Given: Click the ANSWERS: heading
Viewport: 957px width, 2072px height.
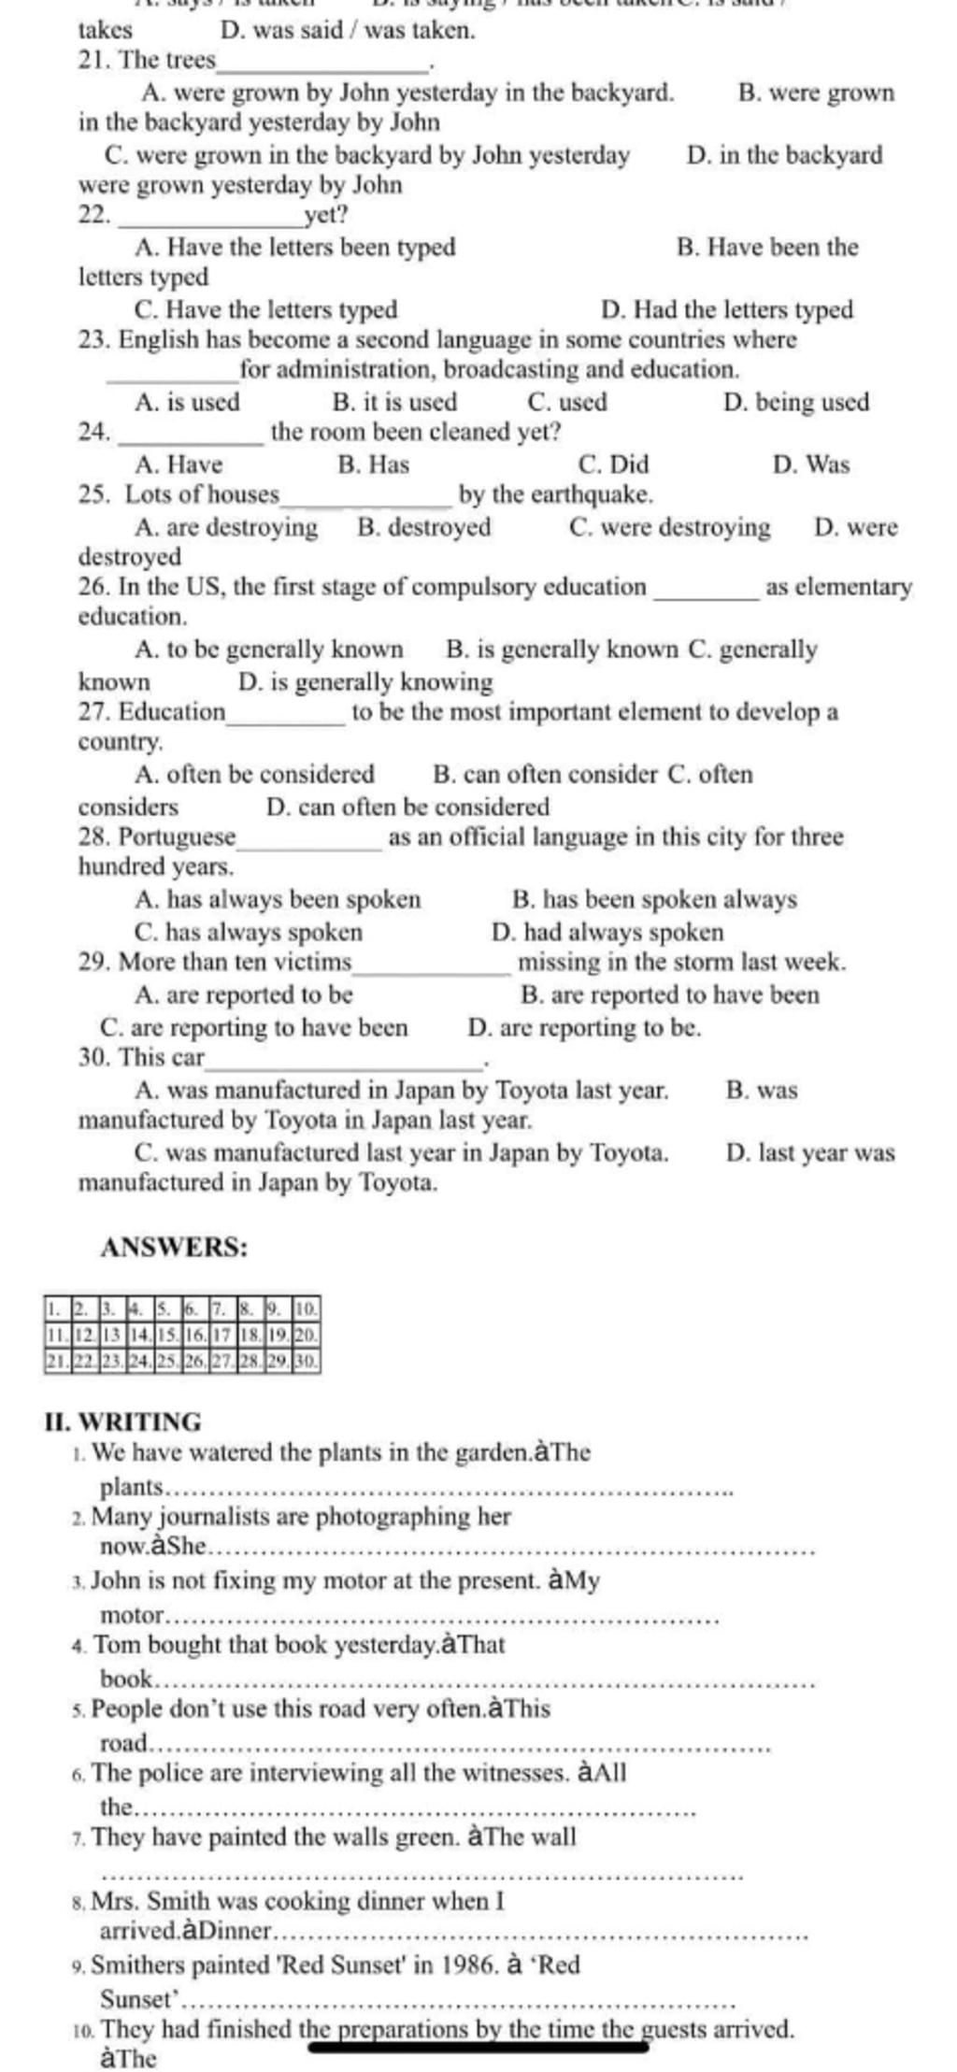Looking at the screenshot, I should click(x=174, y=1247).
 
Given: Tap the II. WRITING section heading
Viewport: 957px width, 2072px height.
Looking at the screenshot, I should click(x=122, y=1422).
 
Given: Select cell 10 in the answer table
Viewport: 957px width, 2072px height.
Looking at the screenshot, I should click(x=307, y=1307).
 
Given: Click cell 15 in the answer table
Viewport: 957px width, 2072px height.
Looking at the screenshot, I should click(x=167, y=1334).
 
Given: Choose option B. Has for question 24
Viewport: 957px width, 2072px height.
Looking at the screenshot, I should click(x=373, y=464).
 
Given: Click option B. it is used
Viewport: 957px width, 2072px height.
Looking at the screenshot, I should click(x=394, y=403).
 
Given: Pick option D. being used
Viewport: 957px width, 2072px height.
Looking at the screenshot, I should click(x=796, y=403).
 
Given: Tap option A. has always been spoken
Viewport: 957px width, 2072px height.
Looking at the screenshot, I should click(x=278, y=900).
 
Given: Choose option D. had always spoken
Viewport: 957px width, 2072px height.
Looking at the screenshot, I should click(x=607, y=932).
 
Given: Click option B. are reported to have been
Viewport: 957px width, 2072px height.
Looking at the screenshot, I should click(x=669, y=995).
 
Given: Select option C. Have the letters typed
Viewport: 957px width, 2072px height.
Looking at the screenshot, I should click(x=266, y=309).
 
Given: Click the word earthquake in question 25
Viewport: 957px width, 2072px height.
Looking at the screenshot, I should click(x=591, y=493).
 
